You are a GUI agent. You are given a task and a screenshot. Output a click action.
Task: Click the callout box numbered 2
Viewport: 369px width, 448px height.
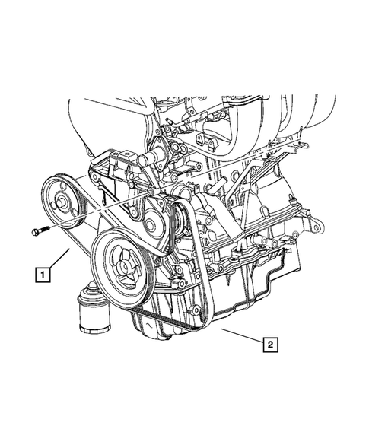click(269, 345)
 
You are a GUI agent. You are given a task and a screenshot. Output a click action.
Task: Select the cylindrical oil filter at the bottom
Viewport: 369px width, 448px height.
click(91, 316)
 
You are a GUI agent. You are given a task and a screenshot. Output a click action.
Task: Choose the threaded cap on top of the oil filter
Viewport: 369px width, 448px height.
click(91, 294)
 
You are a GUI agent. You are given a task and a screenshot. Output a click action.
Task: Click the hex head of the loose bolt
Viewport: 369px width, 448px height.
click(35, 230)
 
